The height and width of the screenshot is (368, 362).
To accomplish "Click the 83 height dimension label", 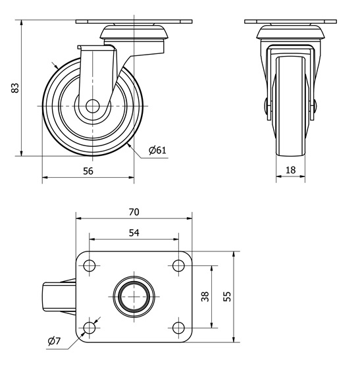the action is [15, 88].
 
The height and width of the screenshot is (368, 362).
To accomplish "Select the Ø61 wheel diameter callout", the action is [157, 150].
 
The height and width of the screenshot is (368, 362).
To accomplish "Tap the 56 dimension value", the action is [88, 171].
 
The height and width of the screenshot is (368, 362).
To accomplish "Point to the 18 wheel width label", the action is [290, 170].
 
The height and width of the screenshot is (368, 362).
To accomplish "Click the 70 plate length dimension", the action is [134, 212].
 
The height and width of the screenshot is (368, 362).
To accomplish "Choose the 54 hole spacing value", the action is [134, 233].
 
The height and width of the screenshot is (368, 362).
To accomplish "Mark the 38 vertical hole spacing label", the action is [205, 296].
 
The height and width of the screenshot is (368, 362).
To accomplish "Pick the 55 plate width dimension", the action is [227, 296].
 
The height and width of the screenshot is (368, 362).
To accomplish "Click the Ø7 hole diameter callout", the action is [54, 341].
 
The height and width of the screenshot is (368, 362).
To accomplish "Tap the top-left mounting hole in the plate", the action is [90, 266].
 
